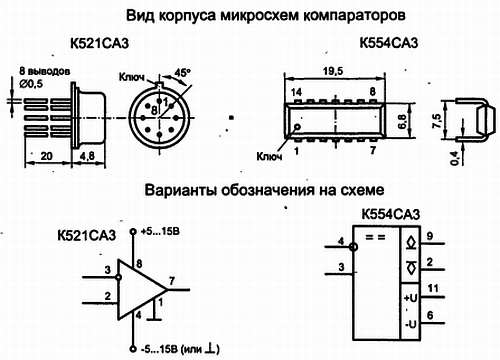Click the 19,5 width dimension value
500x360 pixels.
pos(333,71)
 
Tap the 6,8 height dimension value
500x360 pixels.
pos(402,121)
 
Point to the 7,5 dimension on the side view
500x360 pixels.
pos(437,121)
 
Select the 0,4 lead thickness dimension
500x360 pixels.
pos(455,158)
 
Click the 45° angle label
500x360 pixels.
pos(182,73)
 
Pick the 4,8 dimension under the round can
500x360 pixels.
pos(86,156)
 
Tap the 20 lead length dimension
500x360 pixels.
pos(46,156)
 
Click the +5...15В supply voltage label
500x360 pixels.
pos(160,231)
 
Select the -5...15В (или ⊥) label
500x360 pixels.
pos(180,349)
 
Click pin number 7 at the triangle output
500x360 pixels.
pos(172,281)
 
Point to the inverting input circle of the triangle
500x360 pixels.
pos(118,277)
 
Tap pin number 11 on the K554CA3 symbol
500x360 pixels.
pos(433,288)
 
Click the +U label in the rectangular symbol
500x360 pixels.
pos(410,298)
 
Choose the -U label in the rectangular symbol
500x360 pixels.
pos(411,324)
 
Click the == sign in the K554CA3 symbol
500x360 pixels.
pos(375,237)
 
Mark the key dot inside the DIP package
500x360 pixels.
pos(297,127)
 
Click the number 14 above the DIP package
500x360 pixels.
pos(296,92)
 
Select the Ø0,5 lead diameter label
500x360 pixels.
pos(31,83)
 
